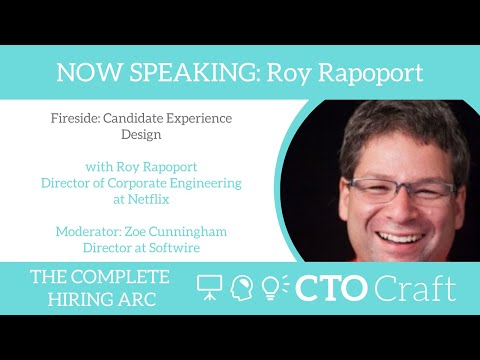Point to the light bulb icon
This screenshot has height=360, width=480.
(272, 288)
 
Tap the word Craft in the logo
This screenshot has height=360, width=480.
(414, 288)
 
